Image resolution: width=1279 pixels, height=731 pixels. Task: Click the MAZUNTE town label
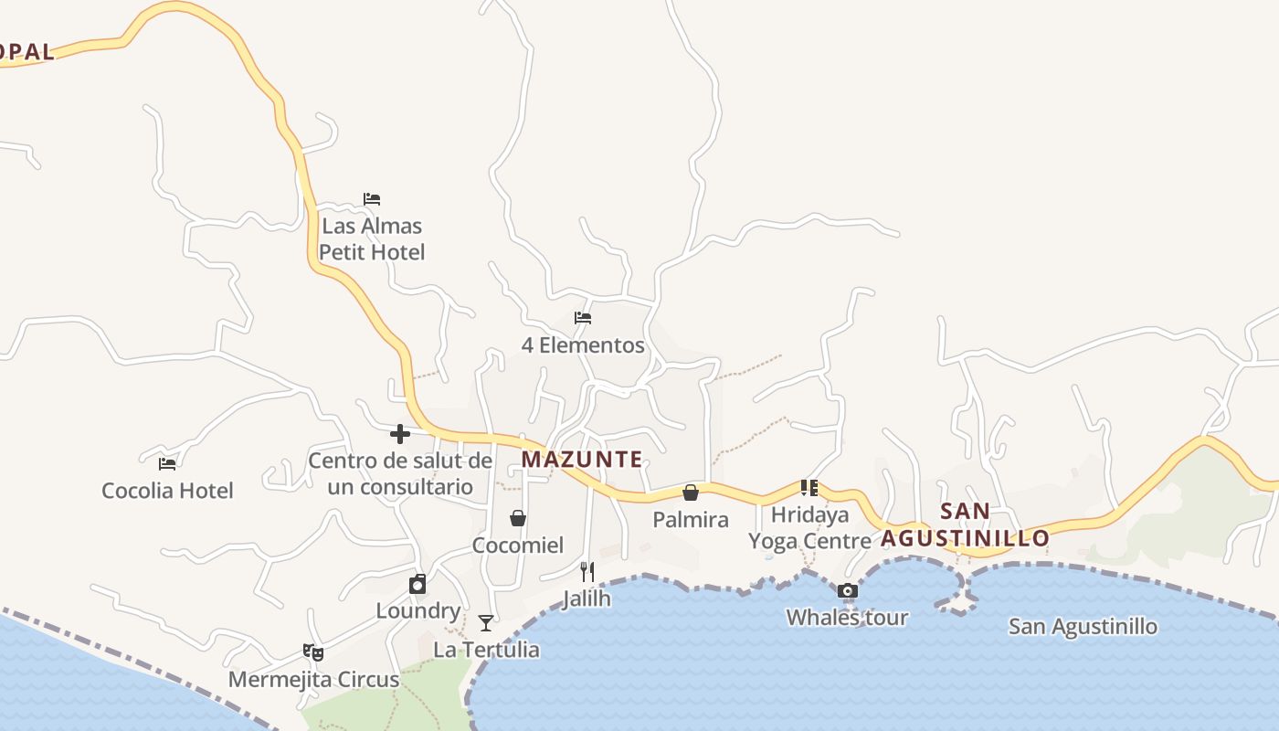(x=582, y=460)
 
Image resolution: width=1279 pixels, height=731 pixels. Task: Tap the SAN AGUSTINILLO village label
(x=965, y=525)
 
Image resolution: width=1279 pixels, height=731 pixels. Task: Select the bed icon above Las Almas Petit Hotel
(x=372, y=199)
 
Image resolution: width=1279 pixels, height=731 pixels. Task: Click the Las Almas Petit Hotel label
(x=372, y=238)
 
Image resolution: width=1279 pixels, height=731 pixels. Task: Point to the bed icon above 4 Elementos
(x=583, y=318)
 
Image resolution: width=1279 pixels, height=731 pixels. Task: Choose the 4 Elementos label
(x=583, y=345)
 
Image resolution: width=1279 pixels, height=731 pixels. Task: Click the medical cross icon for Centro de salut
(x=400, y=434)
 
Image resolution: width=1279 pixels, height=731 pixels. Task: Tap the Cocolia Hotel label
(x=167, y=491)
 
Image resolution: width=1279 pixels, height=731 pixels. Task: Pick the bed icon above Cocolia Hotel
(x=167, y=464)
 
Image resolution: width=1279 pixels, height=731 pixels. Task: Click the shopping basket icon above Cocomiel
(x=518, y=519)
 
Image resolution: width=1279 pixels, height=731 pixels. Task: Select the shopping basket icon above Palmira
(x=691, y=493)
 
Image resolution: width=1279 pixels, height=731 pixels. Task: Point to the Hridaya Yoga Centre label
(x=809, y=528)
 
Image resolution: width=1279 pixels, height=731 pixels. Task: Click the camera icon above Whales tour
(x=848, y=591)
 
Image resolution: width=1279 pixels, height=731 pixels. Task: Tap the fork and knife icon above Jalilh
(x=587, y=572)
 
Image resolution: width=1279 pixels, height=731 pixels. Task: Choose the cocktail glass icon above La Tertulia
(x=486, y=623)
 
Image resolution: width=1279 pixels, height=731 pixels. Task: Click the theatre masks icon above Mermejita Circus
(x=313, y=652)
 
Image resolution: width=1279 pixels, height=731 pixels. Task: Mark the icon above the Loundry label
(x=418, y=585)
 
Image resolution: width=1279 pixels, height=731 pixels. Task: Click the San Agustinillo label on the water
(x=1083, y=627)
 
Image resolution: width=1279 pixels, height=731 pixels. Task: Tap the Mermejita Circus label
(x=313, y=680)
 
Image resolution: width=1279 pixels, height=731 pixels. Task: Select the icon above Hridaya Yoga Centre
(x=809, y=488)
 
